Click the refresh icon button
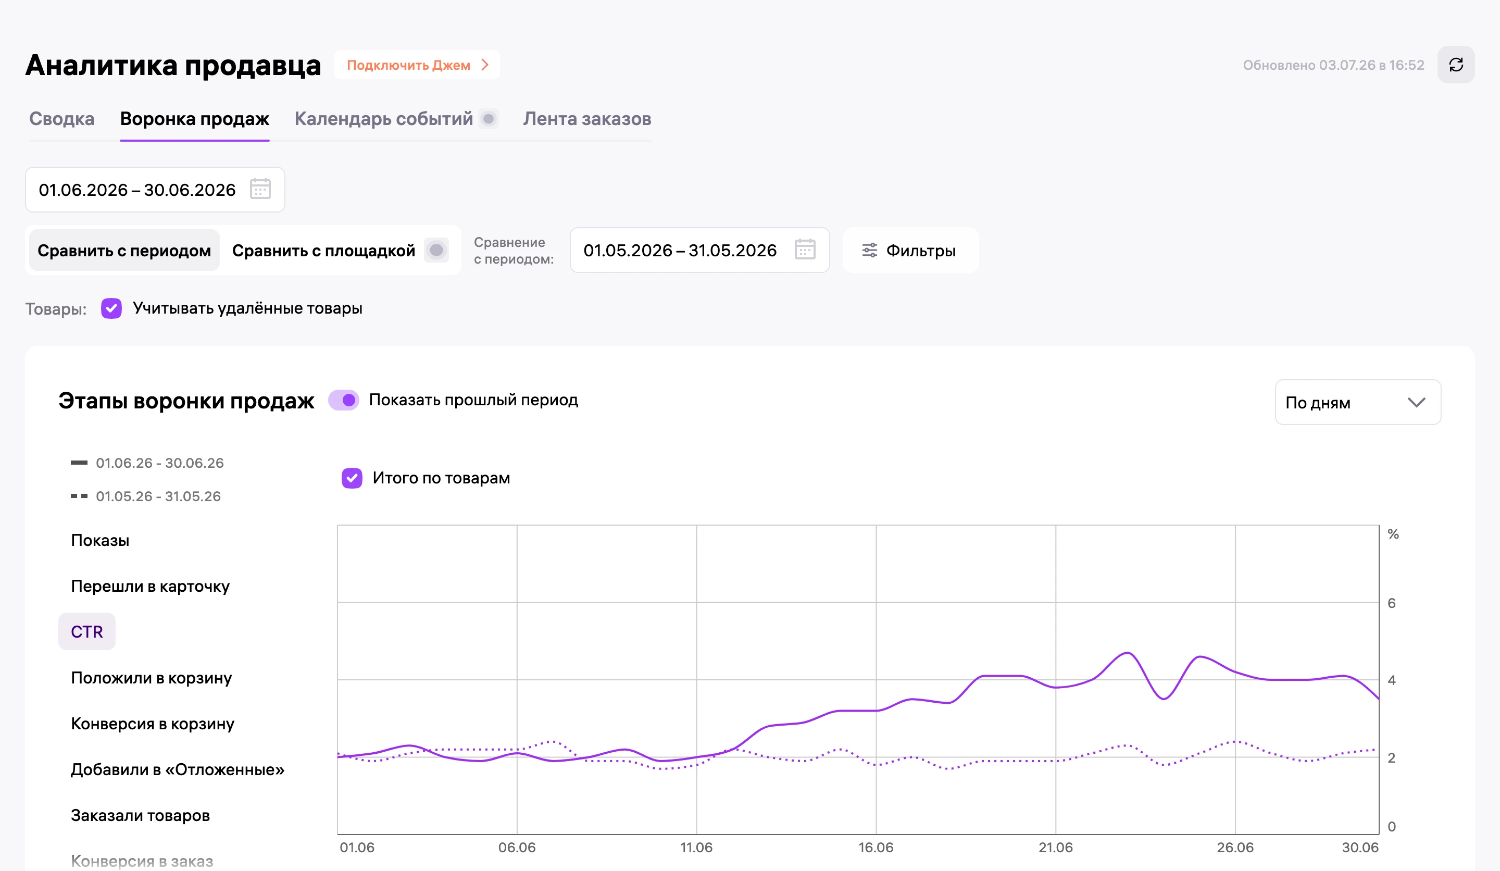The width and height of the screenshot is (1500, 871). coord(1455,65)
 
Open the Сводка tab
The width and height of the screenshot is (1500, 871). coord(62,119)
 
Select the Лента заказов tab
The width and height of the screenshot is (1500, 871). coord(587,119)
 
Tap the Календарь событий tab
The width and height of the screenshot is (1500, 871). coord(384,119)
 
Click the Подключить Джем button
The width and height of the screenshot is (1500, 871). coord(417,65)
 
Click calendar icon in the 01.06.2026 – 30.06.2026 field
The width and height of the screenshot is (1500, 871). coord(260,189)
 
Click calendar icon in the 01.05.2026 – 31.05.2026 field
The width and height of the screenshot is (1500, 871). coord(805,250)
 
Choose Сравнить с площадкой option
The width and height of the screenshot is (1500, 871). coord(324,251)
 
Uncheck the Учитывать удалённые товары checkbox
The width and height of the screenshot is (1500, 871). coord(111,308)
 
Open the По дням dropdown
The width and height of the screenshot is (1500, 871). coord(1358,403)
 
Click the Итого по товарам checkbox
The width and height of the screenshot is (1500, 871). coord(352,478)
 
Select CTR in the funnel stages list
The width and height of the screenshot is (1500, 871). coord(87,632)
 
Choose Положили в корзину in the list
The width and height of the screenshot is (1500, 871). coord(151,678)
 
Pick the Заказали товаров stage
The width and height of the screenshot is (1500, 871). coord(141,816)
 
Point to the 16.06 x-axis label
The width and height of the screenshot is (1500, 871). coord(876,848)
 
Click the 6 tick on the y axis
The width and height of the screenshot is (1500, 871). coord(1392,603)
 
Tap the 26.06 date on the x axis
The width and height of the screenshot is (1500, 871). coord(1235,848)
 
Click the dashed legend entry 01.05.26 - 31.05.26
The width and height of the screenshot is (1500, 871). coord(146,496)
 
